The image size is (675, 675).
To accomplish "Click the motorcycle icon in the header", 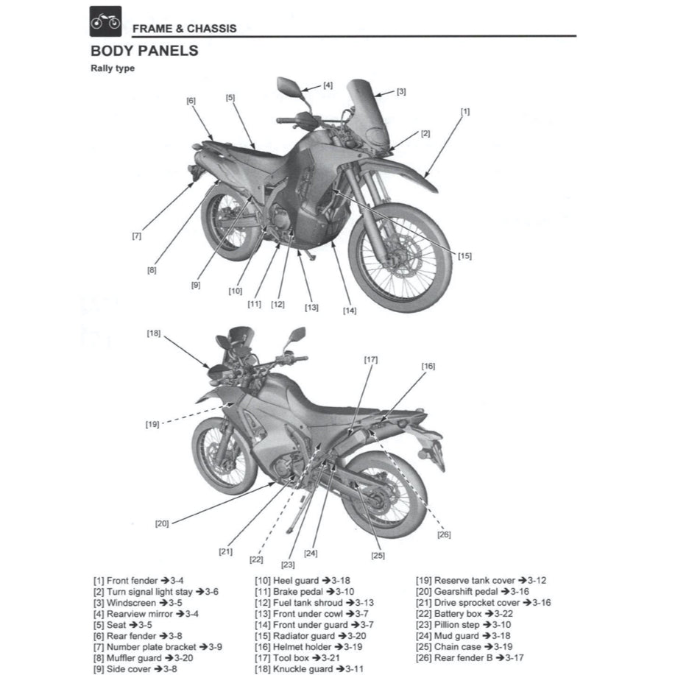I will click(105, 22).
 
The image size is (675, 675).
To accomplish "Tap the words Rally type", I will click(112, 68).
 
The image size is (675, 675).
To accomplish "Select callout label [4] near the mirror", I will click(328, 85).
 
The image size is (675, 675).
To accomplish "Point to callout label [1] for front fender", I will click(465, 111).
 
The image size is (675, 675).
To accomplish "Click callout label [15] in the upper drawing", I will click(464, 256).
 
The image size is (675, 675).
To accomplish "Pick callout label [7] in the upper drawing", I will click(137, 236).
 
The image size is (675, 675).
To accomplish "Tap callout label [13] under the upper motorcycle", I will click(311, 307).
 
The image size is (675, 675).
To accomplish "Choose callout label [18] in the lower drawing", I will click(153, 333).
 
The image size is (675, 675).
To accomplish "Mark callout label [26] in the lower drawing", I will click(444, 534).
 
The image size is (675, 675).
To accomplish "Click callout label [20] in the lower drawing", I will click(162, 523).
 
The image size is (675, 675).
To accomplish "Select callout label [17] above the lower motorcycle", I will click(370, 360).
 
